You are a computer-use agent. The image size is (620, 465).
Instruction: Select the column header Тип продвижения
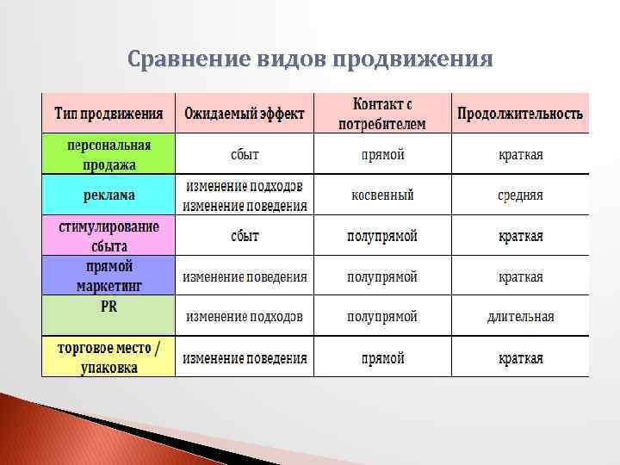tap(108, 114)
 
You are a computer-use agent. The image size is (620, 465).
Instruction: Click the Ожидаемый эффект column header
tap(245, 114)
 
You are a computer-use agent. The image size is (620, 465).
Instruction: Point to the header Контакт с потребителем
tap(382, 114)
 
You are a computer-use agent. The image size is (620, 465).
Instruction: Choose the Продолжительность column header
tap(520, 114)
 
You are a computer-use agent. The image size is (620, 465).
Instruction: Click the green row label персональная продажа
tap(108, 154)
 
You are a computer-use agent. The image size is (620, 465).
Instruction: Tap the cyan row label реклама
tap(108, 195)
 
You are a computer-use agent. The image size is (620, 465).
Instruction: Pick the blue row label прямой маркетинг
tap(108, 276)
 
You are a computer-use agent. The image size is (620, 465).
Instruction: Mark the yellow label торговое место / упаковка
tap(108, 357)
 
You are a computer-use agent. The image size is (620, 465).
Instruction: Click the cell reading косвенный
tap(382, 195)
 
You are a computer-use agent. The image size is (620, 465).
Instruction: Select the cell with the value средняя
tap(520, 195)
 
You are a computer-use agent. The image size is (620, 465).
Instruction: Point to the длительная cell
tap(520, 317)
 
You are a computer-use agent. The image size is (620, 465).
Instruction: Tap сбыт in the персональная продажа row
tap(245, 155)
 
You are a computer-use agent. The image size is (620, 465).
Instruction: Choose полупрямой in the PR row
tap(382, 317)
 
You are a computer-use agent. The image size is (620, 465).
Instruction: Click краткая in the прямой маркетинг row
tap(520, 276)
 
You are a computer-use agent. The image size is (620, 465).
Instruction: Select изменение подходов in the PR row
tap(245, 317)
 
